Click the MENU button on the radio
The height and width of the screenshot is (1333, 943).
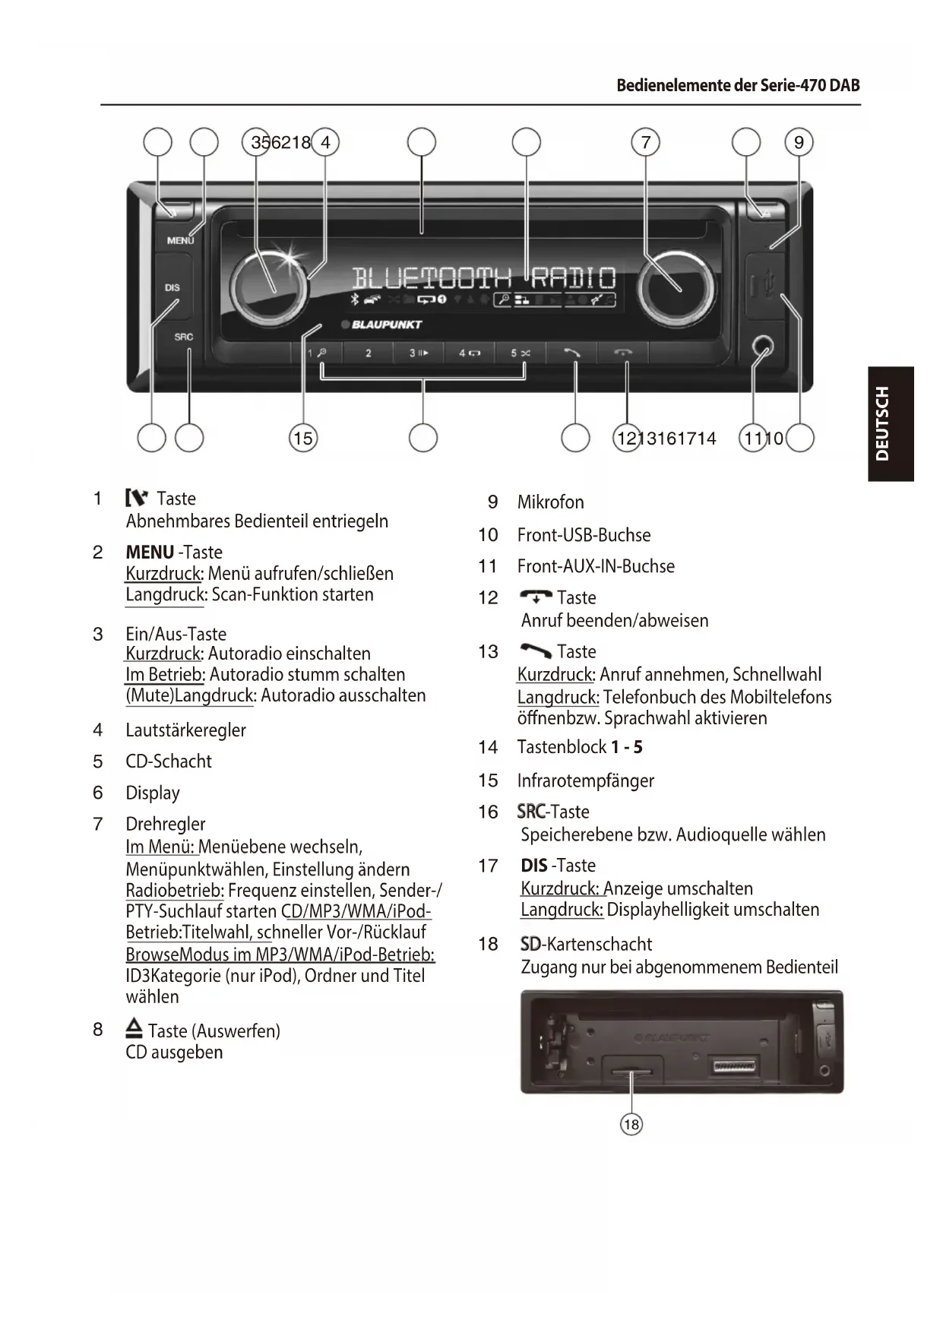[180, 240]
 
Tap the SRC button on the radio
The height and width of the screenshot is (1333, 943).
[183, 337]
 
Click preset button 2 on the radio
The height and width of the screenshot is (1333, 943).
[369, 353]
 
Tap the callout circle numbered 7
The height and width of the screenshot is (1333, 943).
[646, 142]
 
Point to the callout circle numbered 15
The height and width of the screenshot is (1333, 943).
[303, 438]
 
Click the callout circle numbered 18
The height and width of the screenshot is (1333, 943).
[631, 1124]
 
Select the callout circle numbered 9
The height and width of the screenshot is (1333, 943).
[799, 142]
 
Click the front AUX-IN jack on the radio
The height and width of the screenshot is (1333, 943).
[763, 348]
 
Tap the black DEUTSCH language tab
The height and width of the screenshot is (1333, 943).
[891, 423]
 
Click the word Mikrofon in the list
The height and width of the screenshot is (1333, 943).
[550, 502]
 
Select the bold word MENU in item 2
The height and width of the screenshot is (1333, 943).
[150, 552]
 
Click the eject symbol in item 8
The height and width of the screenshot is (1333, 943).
[134, 1029]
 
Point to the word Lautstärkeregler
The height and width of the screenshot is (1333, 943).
[185, 730]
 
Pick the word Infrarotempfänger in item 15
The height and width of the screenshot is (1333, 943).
[585, 780]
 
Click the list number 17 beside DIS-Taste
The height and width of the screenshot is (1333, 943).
[488, 866]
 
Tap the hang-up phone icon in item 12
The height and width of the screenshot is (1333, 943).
[536, 597]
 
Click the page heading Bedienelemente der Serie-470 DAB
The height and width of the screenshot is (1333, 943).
[738, 85]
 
